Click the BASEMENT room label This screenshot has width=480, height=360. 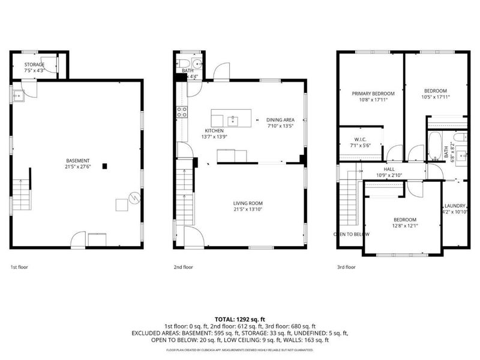pyautogui.click(x=78, y=160)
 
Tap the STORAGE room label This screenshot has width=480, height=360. pyautogui.click(x=34, y=64)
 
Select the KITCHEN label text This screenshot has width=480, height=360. pyautogui.click(x=214, y=131)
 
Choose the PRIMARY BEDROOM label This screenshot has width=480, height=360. pyautogui.click(x=373, y=94)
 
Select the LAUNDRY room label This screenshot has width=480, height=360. pyautogui.click(x=454, y=205)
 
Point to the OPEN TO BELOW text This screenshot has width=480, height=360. pyautogui.click(x=352, y=234)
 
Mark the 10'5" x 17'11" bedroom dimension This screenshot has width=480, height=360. pyautogui.click(x=436, y=97)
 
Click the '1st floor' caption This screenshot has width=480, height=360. pyautogui.click(x=19, y=267)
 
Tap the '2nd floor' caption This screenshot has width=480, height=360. pyautogui.click(x=183, y=267)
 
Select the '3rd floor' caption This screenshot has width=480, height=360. pyautogui.click(x=346, y=267)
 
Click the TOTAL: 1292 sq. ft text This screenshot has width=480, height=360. pyautogui.click(x=240, y=319)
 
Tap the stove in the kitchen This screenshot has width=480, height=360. pyautogui.click(x=182, y=111)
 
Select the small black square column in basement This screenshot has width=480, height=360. pyautogui.click(x=105, y=166)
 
